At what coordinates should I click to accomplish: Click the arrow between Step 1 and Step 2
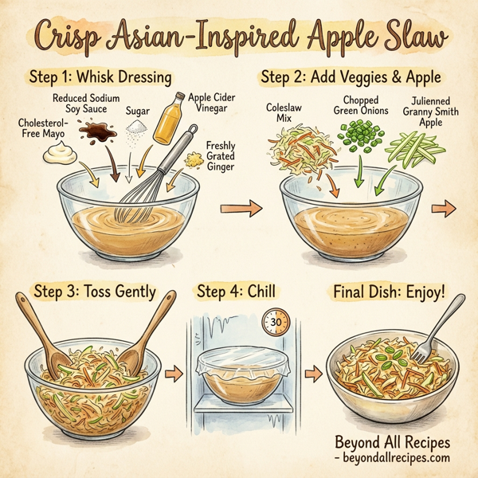click(x=250, y=209)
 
